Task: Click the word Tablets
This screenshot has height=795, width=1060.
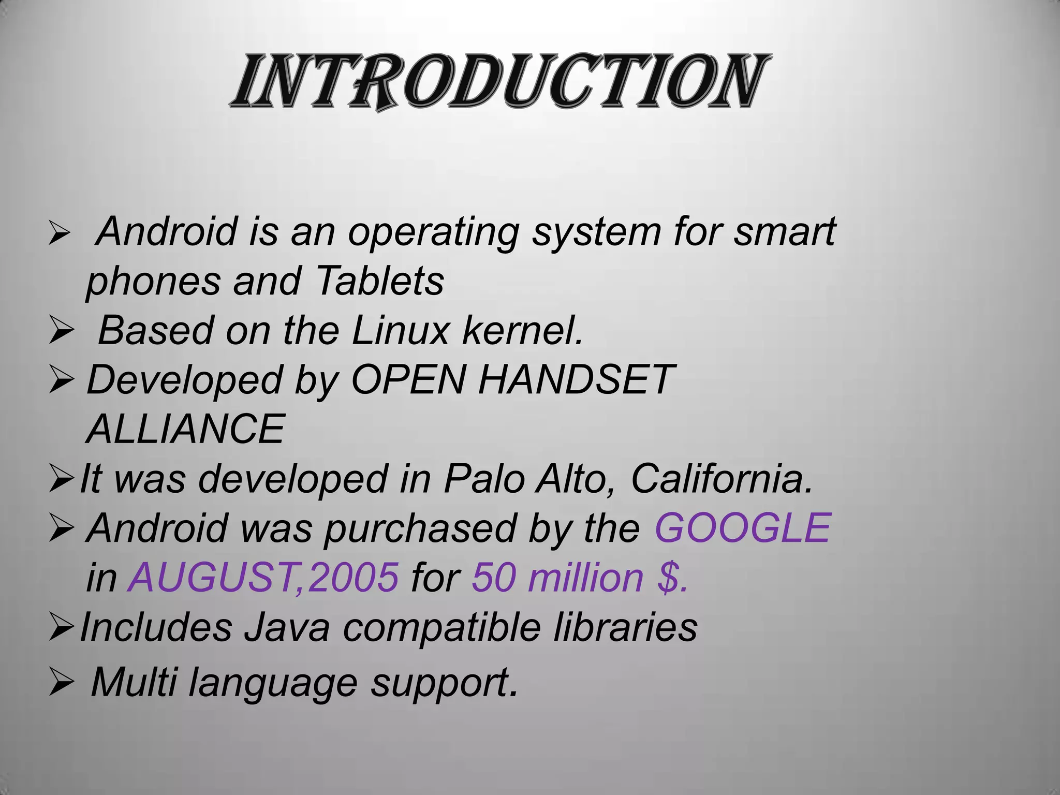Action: pos(379,281)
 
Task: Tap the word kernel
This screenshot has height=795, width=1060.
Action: pos(522,331)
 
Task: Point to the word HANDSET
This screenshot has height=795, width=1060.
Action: pos(576,380)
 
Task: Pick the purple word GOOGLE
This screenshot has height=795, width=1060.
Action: pos(743,528)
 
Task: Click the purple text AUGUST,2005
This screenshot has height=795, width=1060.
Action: pos(263,578)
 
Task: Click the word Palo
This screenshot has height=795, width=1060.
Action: pos(483,479)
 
